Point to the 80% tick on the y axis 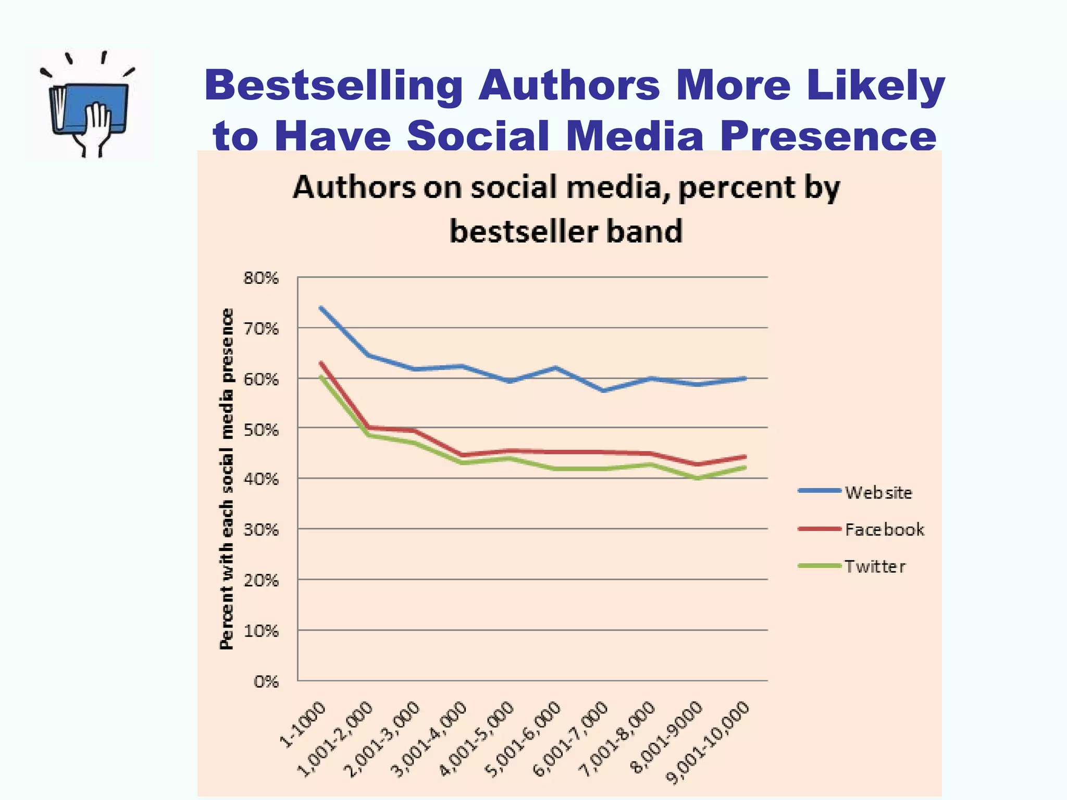click(x=261, y=278)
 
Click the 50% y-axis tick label click(x=261, y=430)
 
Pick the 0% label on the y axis click(x=266, y=682)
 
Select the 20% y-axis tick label click(x=261, y=581)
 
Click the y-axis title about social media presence click(x=227, y=479)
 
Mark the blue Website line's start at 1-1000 click(x=321, y=308)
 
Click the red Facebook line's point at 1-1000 click(x=321, y=363)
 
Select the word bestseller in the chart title click(x=524, y=231)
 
